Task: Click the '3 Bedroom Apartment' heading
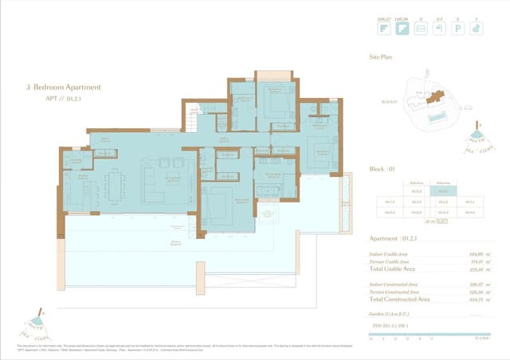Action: (64, 88)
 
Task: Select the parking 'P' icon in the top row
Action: (457, 29)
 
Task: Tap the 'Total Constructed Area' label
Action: (400, 299)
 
